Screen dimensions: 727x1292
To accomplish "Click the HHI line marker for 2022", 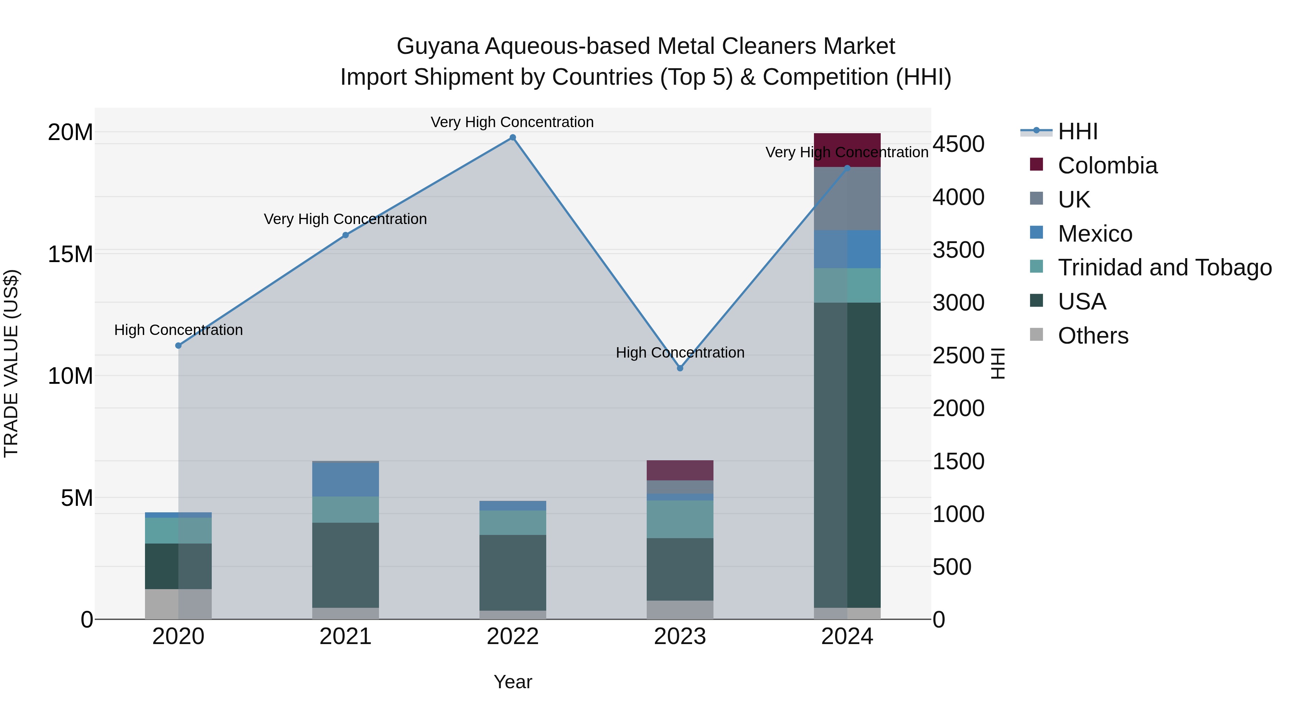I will pos(512,138).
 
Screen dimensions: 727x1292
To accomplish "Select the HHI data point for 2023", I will pos(680,368).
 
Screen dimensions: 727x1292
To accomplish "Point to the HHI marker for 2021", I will pos(346,235).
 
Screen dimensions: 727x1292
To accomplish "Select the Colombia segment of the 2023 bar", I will pos(680,470).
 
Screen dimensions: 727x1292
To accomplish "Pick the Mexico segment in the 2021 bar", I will pos(346,479).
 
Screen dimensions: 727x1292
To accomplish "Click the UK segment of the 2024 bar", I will pos(847,199).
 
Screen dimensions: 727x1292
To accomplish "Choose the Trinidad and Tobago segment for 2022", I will pos(512,523).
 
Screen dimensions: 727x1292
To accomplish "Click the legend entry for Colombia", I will pos(1108,166).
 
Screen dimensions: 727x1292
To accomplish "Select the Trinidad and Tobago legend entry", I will pos(1165,267).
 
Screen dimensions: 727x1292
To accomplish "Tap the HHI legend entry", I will pos(1078,131).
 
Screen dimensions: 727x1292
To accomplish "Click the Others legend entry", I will pos(1093,336).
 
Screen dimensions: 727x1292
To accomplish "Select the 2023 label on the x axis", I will pos(680,637).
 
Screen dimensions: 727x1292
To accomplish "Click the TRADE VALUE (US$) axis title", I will pos(11,363).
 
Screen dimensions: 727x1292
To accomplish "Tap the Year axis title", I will pos(512,682).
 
